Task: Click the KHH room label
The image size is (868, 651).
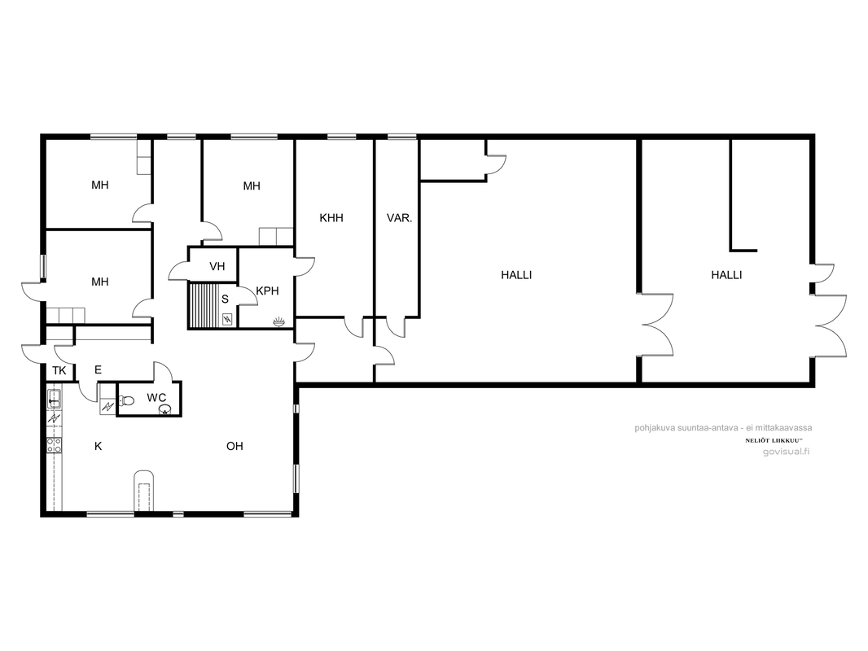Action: [331, 218]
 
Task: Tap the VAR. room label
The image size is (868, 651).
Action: [399, 218]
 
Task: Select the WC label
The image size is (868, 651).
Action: [156, 397]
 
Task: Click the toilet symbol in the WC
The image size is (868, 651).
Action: [126, 400]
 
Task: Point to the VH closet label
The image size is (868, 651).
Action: [217, 267]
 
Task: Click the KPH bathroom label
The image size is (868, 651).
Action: [267, 291]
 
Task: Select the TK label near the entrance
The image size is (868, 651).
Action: [59, 370]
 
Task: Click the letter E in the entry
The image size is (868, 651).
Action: [98, 370]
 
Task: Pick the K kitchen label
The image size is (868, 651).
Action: [98, 446]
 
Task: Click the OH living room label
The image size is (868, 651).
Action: [235, 446]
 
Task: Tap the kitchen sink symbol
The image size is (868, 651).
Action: [55, 398]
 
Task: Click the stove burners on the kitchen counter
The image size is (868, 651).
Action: [55, 445]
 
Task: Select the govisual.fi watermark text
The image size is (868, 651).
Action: [786, 452]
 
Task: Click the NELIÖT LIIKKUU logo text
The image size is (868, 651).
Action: [774, 440]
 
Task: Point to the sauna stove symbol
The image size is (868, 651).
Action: [227, 319]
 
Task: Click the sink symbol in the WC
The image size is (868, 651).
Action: [165, 409]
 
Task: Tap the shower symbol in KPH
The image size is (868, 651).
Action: [279, 321]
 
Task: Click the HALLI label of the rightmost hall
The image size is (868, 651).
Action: [726, 275]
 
